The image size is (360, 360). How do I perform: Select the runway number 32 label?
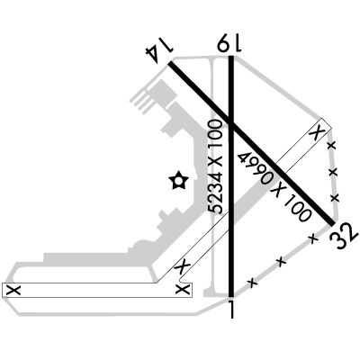(x=344, y=236)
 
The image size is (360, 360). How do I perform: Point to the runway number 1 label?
(x=231, y=309)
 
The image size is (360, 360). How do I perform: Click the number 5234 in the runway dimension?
(x=216, y=193)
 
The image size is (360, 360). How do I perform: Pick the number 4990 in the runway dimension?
(x=255, y=167)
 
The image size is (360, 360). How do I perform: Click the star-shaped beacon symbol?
(x=178, y=181)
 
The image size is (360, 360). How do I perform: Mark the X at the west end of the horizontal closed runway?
(x=14, y=290)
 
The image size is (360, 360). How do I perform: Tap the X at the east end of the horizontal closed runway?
(x=184, y=290)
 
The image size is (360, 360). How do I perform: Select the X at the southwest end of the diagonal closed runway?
(x=183, y=265)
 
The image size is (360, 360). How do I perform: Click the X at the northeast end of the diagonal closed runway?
(x=317, y=131)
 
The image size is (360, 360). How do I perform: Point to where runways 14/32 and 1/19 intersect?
(x=231, y=124)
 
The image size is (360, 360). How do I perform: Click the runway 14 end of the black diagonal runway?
(x=170, y=63)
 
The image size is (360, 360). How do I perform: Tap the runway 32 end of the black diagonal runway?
(x=332, y=223)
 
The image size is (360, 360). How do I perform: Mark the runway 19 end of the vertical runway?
(x=231, y=57)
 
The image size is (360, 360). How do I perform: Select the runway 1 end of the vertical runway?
(x=231, y=296)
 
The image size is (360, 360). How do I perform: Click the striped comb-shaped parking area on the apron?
(x=140, y=99)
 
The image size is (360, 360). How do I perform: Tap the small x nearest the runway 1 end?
(x=253, y=283)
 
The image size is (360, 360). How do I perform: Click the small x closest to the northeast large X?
(x=331, y=146)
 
